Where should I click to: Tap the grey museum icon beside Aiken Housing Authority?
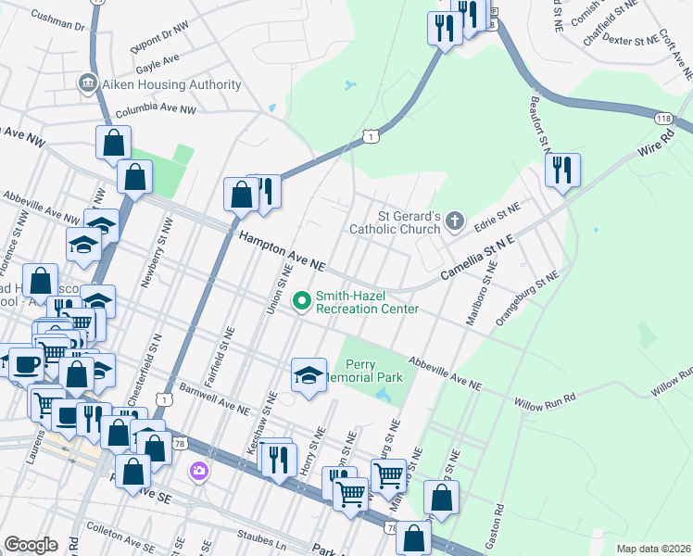click(x=89, y=84)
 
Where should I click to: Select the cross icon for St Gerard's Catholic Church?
click(x=453, y=221)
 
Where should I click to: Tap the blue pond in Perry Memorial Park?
click(x=384, y=396)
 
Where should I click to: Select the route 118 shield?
click(x=663, y=119)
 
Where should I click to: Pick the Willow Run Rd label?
click(x=545, y=398)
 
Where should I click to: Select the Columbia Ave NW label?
click(x=156, y=109)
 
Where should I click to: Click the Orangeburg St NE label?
click(x=528, y=295)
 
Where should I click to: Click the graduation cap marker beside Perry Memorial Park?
click(x=309, y=375)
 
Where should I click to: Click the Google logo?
click(x=31, y=545)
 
